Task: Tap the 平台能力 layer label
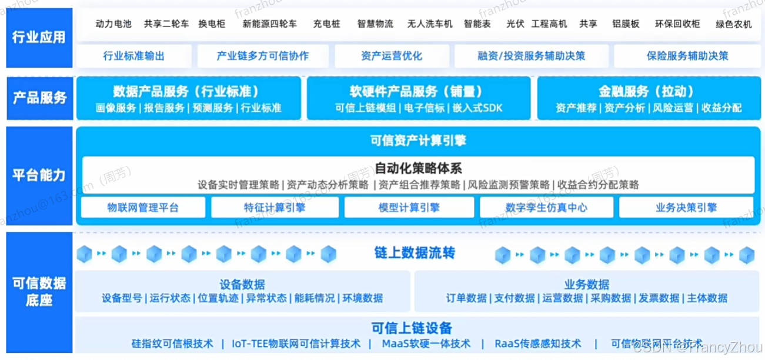point(39,175)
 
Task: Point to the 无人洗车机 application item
point(430,24)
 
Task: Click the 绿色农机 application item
point(734,25)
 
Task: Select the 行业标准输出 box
point(133,56)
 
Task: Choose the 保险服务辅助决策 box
point(687,56)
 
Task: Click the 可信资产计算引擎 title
point(418,140)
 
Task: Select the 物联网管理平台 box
point(143,207)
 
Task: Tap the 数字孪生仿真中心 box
point(546,207)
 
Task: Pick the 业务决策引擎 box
point(686,207)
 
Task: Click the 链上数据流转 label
point(415,254)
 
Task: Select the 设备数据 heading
point(242,285)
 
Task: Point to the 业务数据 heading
point(586,285)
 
